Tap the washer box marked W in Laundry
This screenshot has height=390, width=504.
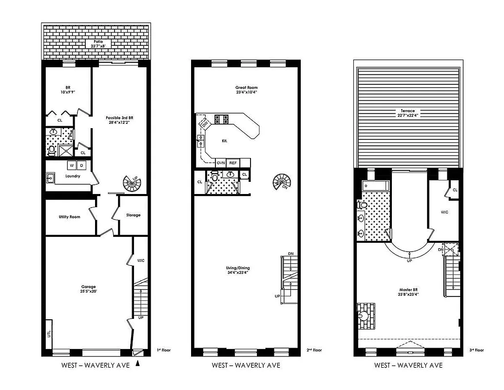click(72, 165)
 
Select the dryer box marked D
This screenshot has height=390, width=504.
click(82, 165)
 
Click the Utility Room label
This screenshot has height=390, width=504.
click(69, 216)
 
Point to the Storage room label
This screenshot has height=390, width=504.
click(133, 215)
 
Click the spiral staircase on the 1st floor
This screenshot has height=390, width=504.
click(131, 184)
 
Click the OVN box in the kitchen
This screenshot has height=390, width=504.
click(221, 163)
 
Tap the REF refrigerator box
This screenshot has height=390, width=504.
click(233, 163)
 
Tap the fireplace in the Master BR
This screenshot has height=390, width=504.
click(364, 314)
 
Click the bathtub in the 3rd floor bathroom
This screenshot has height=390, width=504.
click(375, 186)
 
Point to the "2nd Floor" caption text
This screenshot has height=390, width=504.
click(314, 350)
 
